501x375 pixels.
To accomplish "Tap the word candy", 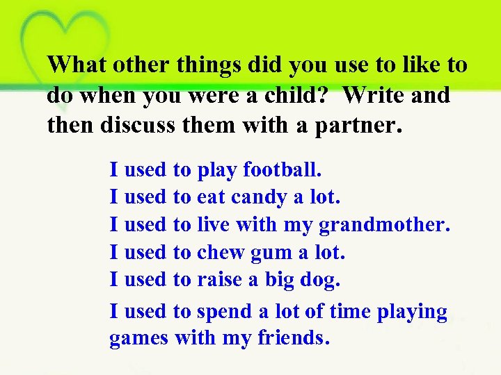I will [258, 197].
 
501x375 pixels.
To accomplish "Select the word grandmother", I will [385, 225].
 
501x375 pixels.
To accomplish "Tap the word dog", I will [320, 281].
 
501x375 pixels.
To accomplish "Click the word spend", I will [225, 312].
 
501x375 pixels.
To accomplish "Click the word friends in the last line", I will [292, 338].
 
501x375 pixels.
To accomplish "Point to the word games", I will [139, 339].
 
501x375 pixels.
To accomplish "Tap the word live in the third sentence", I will [214, 224].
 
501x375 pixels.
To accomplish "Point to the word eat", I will [212, 197].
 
